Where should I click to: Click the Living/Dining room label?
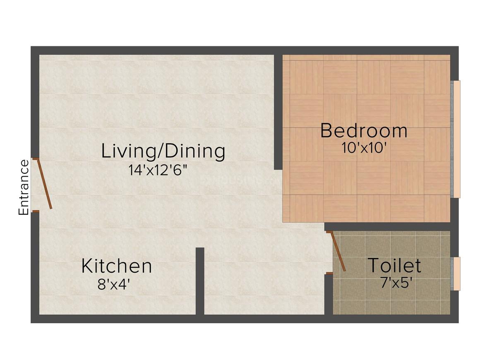tap(163, 151)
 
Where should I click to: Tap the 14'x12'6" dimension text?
tap(157, 170)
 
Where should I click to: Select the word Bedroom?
tap(364, 131)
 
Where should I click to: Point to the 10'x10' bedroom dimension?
tap(363, 148)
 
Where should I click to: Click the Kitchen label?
tap(117, 266)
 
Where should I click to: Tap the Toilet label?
tap(394, 265)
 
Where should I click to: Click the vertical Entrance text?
tap(24, 187)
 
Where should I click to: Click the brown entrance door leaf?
tap(44, 184)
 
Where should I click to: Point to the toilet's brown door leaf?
tap(338, 252)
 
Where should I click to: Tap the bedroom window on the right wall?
tap(456, 139)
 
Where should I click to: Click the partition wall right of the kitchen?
tap(200, 281)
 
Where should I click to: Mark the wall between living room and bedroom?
tap(278, 112)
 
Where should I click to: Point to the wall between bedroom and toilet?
tap(387, 226)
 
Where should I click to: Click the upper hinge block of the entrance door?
tap(36, 159)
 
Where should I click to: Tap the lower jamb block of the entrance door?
tap(36, 211)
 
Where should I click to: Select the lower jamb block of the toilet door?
tap(329, 273)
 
